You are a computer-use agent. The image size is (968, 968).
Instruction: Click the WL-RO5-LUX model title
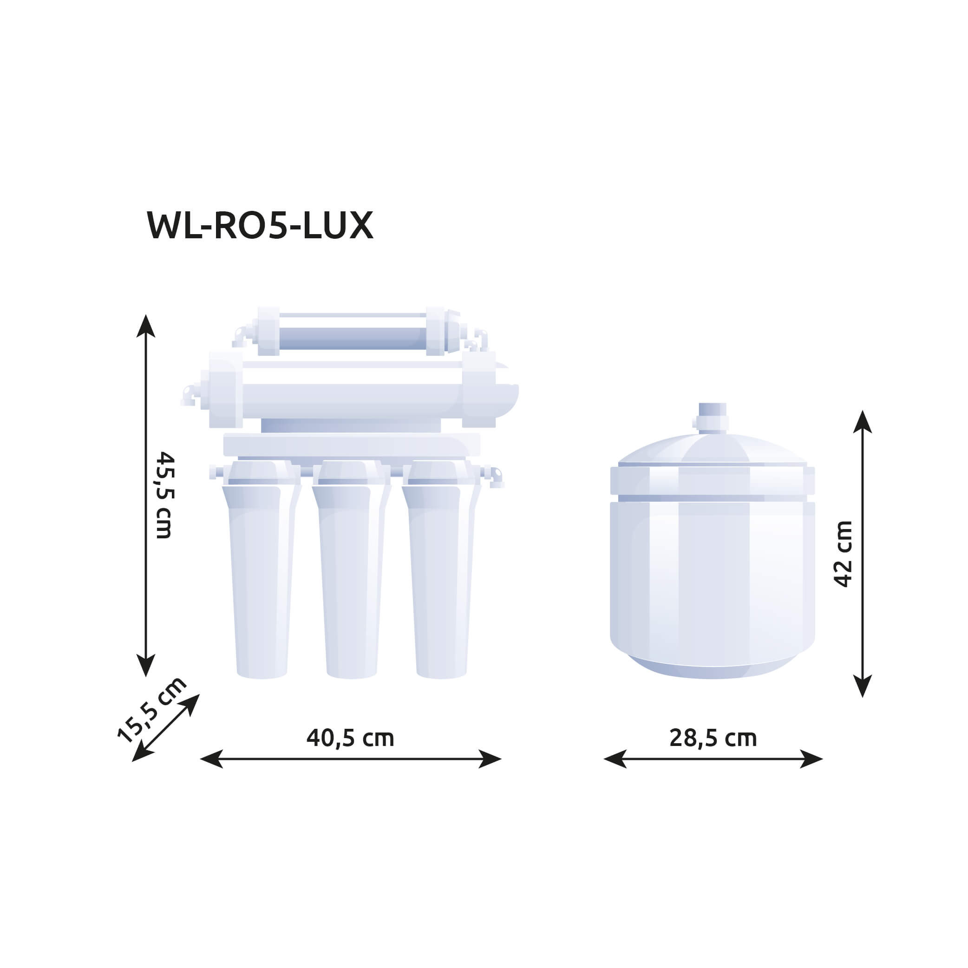[260, 225]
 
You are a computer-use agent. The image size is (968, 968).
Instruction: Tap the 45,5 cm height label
[164, 495]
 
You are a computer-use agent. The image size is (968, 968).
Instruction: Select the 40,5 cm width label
[350, 738]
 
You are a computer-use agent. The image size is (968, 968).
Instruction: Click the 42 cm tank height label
[843, 554]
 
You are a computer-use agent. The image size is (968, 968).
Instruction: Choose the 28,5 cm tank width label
[713, 738]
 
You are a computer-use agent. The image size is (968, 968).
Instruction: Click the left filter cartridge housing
[261, 569]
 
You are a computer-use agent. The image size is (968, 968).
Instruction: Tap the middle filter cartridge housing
[351, 569]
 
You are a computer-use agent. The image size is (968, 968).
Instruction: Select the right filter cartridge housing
[441, 569]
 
